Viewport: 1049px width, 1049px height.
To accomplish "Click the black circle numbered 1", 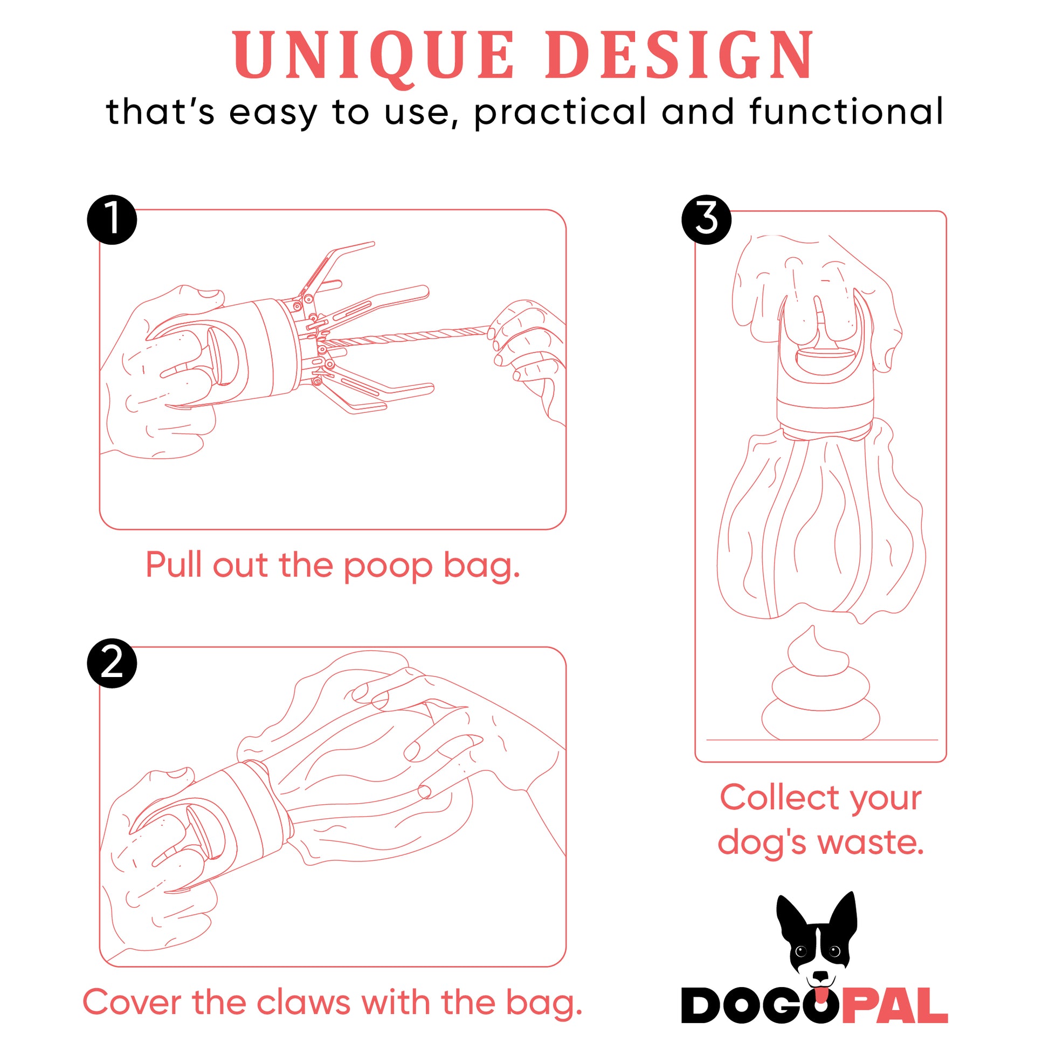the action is coord(112,220).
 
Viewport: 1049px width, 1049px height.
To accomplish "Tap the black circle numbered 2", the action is coord(112,663).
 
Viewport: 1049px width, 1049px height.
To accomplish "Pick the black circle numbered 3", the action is coord(706,220).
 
